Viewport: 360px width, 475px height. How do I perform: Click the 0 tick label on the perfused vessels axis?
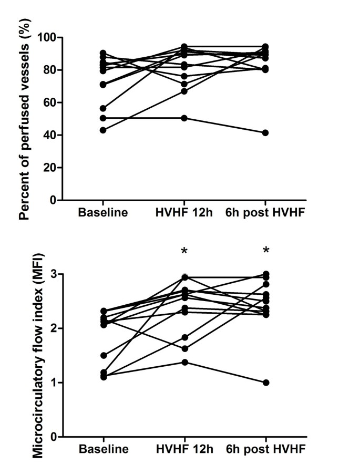54,200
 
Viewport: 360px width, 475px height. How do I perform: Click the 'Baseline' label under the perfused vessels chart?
103,213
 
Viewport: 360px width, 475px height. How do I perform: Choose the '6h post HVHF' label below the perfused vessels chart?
265,213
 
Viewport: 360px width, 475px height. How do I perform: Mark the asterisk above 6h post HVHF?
266,251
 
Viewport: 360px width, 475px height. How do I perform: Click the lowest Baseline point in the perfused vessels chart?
103,130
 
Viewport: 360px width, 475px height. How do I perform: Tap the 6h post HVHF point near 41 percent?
266,133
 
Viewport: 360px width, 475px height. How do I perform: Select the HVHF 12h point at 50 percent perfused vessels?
184,118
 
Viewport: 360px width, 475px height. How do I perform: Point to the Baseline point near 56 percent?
103,109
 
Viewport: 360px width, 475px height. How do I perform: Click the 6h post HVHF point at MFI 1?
266,383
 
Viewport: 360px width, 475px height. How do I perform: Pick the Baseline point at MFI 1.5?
103,356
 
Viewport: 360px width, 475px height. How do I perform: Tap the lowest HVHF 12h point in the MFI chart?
184,363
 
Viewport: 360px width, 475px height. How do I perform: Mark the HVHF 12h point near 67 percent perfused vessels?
184,91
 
